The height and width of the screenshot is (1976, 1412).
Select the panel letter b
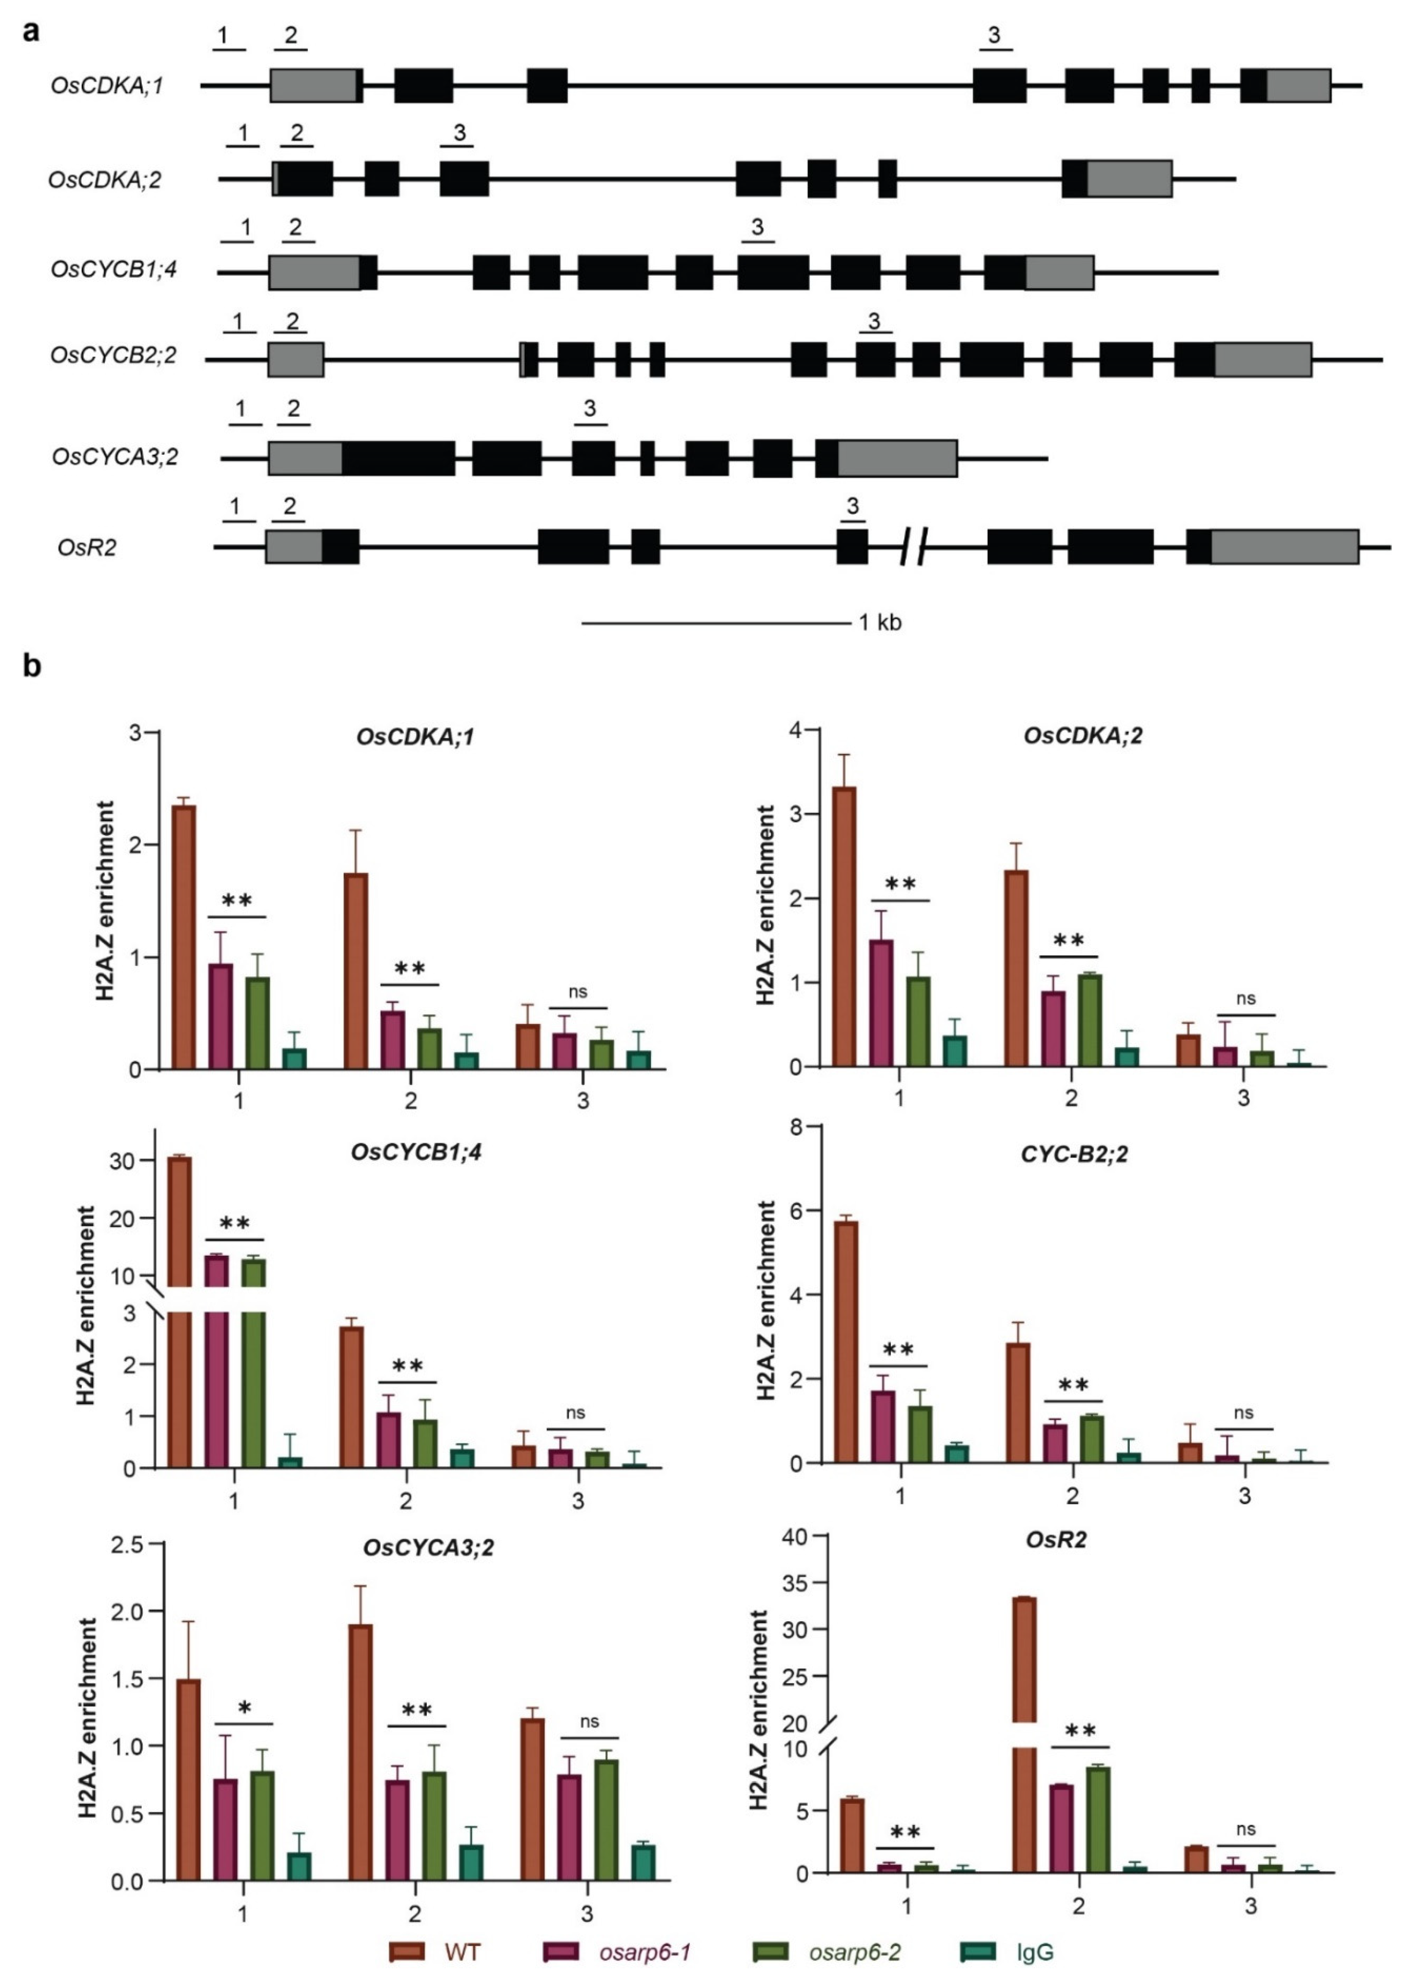[32, 666]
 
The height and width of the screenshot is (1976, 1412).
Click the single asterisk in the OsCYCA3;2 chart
[244, 1706]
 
